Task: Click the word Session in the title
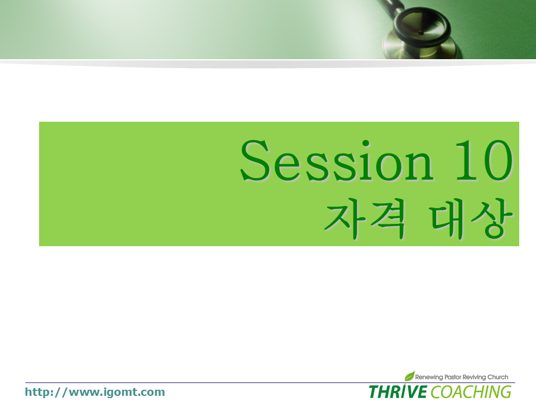pyautogui.click(x=337, y=160)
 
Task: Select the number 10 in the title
pyautogui.click(x=484, y=160)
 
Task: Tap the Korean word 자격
pyautogui.click(x=365, y=219)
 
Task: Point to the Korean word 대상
pyautogui.click(x=471, y=219)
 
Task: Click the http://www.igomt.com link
pyautogui.click(x=95, y=392)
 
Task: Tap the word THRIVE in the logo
pyautogui.click(x=398, y=392)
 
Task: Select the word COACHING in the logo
pyautogui.click(x=471, y=392)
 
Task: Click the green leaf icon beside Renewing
pyautogui.click(x=409, y=376)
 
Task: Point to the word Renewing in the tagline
pyautogui.click(x=429, y=377)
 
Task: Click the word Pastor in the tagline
pyautogui.click(x=453, y=377)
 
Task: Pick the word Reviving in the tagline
pyautogui.click(x=474, y=377)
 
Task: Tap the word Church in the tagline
pyautogui.click(x=497, y=377)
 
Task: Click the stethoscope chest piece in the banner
pyautogui.click(x=420, y=34)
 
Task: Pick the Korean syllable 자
pyautogui.click(x=344, y=219)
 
